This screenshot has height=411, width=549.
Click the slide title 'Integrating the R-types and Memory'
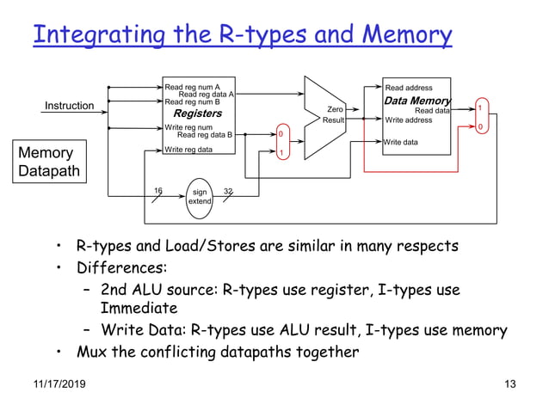click(242, 35)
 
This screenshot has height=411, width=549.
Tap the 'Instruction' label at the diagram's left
click(70, 106)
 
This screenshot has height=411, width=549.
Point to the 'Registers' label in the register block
click(197, 113)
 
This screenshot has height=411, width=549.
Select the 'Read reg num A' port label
click(193, 87)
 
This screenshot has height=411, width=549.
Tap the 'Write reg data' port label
click(188, 150)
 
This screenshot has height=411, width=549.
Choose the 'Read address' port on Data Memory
click(409, 88)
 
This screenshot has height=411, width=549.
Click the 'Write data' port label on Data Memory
click(402, 142)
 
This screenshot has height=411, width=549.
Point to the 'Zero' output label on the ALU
click(336, 109)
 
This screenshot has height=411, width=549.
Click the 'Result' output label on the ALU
click(334, 120)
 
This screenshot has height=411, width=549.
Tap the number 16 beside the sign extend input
click(157, 189)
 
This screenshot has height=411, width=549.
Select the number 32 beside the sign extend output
click(228, 189)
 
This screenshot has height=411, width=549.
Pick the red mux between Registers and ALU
click(280, 143)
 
